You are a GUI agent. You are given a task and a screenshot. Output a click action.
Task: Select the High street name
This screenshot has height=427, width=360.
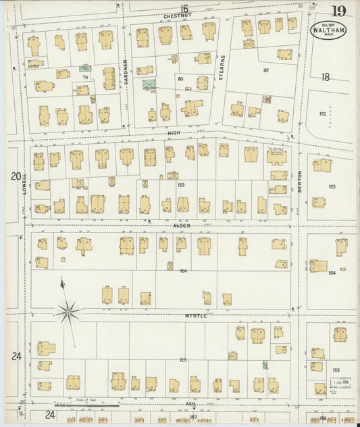175,134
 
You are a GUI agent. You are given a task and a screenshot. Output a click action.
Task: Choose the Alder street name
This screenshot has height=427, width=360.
181,225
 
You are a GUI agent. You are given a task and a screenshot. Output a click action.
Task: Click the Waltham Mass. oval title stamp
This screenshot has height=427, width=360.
326,31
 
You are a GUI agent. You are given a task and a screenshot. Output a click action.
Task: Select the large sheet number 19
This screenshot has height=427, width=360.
339,10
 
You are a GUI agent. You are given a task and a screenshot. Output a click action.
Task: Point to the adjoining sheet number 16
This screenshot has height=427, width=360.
184,7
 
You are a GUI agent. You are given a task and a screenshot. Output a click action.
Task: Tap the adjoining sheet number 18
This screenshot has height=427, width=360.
326,77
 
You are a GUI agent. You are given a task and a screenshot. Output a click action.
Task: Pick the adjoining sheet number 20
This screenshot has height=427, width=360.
16,176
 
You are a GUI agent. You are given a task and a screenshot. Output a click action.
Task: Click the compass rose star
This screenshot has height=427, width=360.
67,311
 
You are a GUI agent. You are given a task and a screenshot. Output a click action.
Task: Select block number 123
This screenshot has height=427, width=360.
180,184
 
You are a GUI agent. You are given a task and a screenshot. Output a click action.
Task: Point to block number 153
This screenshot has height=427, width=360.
332,186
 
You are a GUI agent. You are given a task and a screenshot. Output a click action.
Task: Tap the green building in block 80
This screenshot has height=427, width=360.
148,84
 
